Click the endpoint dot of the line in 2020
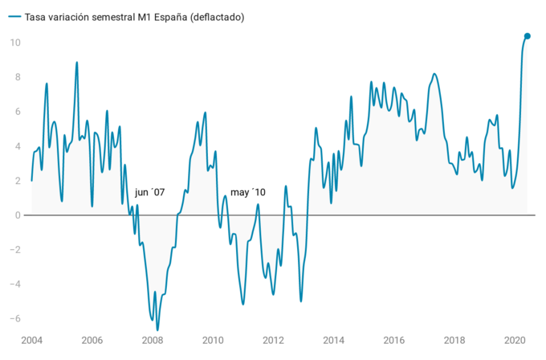coord(528,36)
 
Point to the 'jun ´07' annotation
coord(149,193)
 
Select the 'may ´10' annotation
coord(248,193)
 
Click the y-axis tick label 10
coord(14,43)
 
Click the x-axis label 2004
coord(31,341)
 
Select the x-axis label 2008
coord(153,341)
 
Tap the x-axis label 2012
coord(274,341)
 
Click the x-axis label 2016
coord(394,341)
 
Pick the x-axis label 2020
coord(515,341)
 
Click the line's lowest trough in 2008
coord(157,329)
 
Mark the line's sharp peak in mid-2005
coord(77,63)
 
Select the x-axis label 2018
coord(455,341)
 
